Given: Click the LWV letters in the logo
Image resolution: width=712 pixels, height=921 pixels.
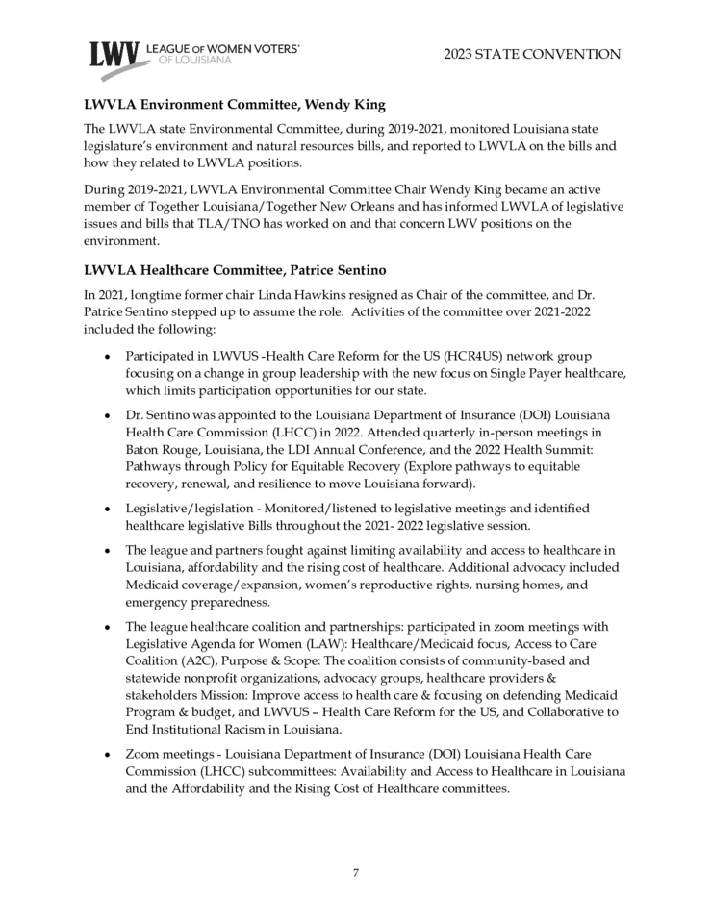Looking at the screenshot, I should point(114,55).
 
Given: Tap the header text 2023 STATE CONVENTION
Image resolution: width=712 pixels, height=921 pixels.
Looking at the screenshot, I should point(532,54).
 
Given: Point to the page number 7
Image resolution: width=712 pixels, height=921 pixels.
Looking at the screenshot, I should point(355,872).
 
